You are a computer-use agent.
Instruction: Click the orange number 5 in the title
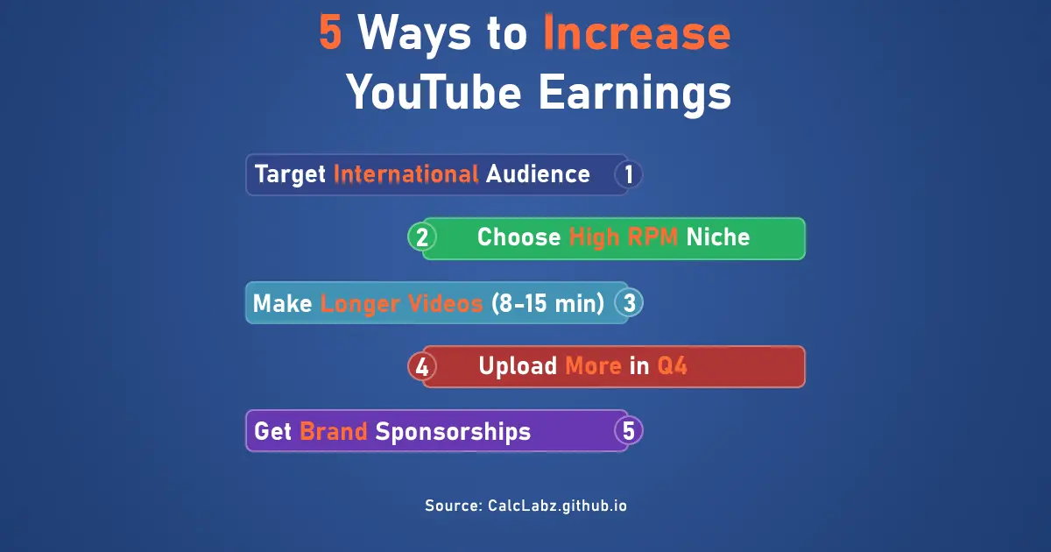[330, 33]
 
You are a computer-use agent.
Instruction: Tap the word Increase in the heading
[637, 33]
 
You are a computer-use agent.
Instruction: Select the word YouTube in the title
[434, 91]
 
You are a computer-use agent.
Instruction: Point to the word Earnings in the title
[634, 91]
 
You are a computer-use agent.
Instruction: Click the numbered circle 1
[628, 174]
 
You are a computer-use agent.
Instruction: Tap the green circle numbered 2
[422, 237]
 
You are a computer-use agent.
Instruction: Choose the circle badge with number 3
[629, 303]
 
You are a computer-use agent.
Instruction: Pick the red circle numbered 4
[422, 366]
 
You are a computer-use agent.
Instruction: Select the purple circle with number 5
[628, 431]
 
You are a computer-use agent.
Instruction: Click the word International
[406, 173]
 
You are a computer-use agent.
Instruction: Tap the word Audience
[538, 173]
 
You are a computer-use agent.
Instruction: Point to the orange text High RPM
[623, 237]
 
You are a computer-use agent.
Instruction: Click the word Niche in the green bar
[718, 237]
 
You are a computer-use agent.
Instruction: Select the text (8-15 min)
[547, 303]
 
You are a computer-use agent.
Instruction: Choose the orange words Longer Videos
[401, 303]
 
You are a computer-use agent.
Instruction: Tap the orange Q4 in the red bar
[673, 366]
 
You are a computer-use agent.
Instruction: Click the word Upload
[518, 366]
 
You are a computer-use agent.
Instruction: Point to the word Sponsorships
[453, 431]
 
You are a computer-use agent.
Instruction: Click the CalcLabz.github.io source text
[557, 506]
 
